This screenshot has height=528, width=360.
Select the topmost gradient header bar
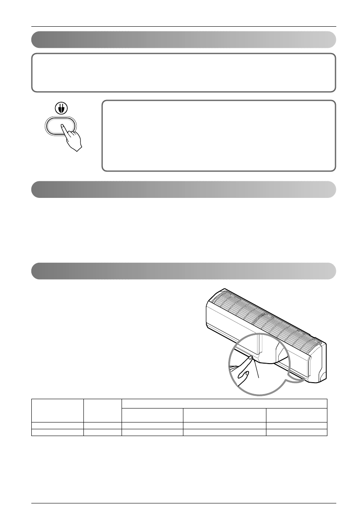[x=183, y=39]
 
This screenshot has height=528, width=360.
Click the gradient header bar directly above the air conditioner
[x=183, y=271]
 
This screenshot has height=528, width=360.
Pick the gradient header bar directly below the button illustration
[x=183, y=189]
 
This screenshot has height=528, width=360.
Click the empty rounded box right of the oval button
[x=219, y=136]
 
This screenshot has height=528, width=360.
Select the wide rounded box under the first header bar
[x=183, y=72]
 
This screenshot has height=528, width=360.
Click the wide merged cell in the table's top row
[x=224, y=403]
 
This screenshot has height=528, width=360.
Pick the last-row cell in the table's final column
[x=296, y=433]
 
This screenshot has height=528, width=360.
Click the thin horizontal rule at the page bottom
[x=183, y=503]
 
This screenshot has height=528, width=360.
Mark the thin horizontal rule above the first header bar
[x=183, y=27]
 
